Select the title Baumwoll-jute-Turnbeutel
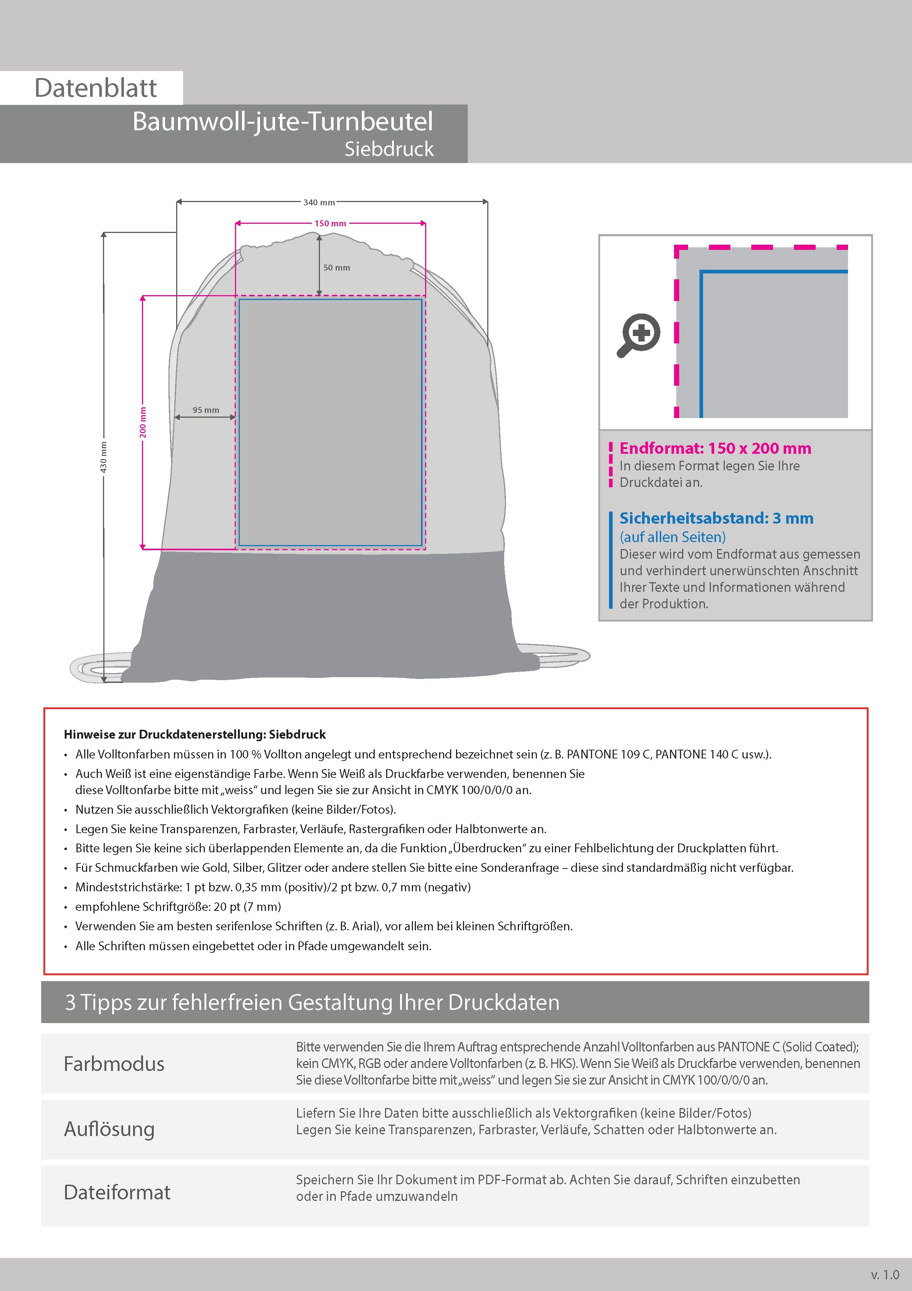[283, 121]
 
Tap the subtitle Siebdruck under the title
[389, 149]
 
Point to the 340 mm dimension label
[318, 202]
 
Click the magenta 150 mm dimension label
[330, 224]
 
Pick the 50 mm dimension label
[336, 268]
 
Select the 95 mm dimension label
[206, 410]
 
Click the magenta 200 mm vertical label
[143, 422]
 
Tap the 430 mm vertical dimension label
[103, 457]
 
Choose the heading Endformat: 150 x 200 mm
[715, 448]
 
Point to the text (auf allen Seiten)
[673, 537]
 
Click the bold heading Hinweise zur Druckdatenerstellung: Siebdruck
[195, 734]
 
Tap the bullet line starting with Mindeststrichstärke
[273, 887]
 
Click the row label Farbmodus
[114, 1064]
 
